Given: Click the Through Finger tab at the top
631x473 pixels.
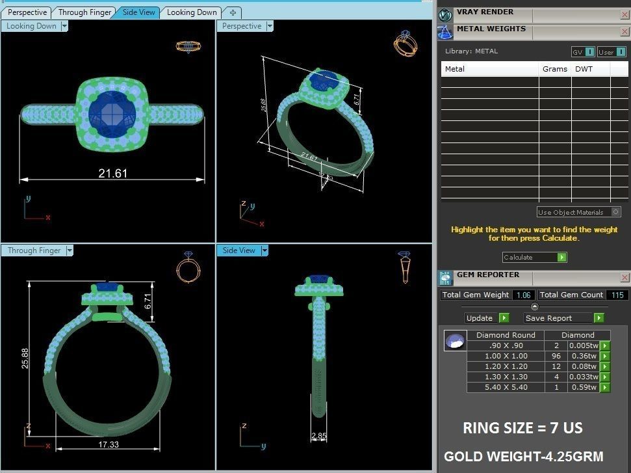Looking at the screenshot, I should [84, 12].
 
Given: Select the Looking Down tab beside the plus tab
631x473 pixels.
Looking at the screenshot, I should [192, 12].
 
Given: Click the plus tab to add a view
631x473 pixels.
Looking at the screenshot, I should [233, 12].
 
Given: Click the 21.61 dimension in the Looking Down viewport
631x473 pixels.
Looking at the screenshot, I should [112, 173].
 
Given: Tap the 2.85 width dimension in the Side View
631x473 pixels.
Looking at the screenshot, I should [318, 436].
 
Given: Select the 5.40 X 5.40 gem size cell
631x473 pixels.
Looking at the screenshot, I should [506, 387].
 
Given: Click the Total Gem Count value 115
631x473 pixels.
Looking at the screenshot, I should [616, 295].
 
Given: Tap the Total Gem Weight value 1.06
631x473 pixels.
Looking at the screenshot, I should [523, 295].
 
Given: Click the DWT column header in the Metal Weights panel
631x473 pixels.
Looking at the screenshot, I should [583, 69].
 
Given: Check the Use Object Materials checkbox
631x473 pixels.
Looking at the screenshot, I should [616, 212].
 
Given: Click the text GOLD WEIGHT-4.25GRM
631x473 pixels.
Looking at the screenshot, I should [524, 457].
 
